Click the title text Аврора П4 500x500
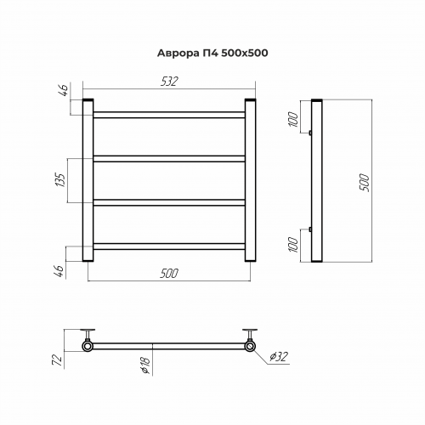212,53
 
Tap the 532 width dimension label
169,82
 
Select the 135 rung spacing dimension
61,179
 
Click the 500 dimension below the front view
169,274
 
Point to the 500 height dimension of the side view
365,183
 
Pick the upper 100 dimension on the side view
294,120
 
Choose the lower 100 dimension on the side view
294,245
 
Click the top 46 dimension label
64,90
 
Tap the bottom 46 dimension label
60,271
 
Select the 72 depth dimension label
58,360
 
